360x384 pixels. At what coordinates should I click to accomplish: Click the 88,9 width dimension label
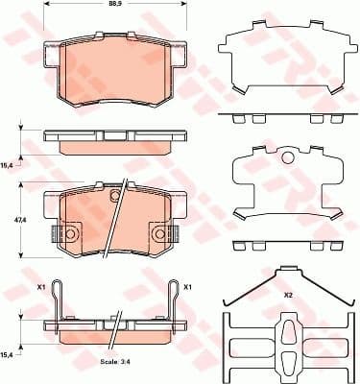tap(114, 6)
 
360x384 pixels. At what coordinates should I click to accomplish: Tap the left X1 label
tap(41, 287)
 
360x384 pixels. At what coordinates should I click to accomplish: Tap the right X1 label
tap(188, 287)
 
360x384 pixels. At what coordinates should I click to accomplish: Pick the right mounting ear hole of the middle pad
tap(160, 233)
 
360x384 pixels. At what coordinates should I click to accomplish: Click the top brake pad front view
tap(114, 72)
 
